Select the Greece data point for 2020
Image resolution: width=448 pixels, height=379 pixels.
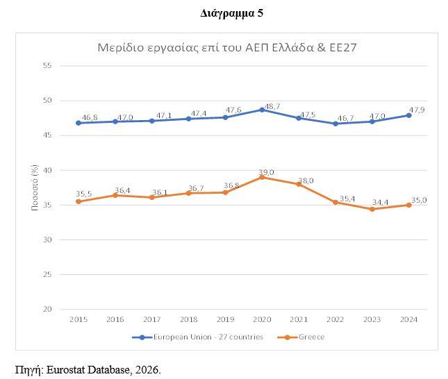[x=262, y=177]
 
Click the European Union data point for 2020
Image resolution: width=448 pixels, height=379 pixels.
[x=262, y=110]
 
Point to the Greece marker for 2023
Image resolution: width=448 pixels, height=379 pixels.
[x=372, y=209]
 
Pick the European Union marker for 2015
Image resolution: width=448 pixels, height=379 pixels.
[x=78, y=123]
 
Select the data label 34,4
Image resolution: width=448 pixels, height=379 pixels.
[x=379, y=202]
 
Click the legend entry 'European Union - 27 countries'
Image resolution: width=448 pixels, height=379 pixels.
[x=198, y=337]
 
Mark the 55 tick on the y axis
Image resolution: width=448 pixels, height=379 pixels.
[x=48, y=65]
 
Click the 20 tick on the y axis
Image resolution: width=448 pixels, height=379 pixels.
[x=48, y=310]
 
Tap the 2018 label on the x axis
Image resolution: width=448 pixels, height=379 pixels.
[x=188, y=320]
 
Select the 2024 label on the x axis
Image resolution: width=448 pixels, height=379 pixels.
[x=409, y=320]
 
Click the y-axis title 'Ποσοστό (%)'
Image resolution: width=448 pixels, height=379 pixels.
[x=33, y=187]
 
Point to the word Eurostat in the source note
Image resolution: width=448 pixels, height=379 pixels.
[x=68, y=369]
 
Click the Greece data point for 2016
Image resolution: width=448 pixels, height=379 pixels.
[x=115, y=195]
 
